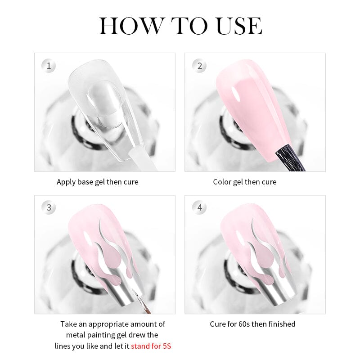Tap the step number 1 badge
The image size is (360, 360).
49,66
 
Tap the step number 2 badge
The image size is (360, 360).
199,66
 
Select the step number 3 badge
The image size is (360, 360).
49,207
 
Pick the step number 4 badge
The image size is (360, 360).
199,207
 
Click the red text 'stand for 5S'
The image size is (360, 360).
151,346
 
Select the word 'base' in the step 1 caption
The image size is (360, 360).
85,182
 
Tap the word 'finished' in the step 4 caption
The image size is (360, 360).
282,324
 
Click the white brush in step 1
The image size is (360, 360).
142,158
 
